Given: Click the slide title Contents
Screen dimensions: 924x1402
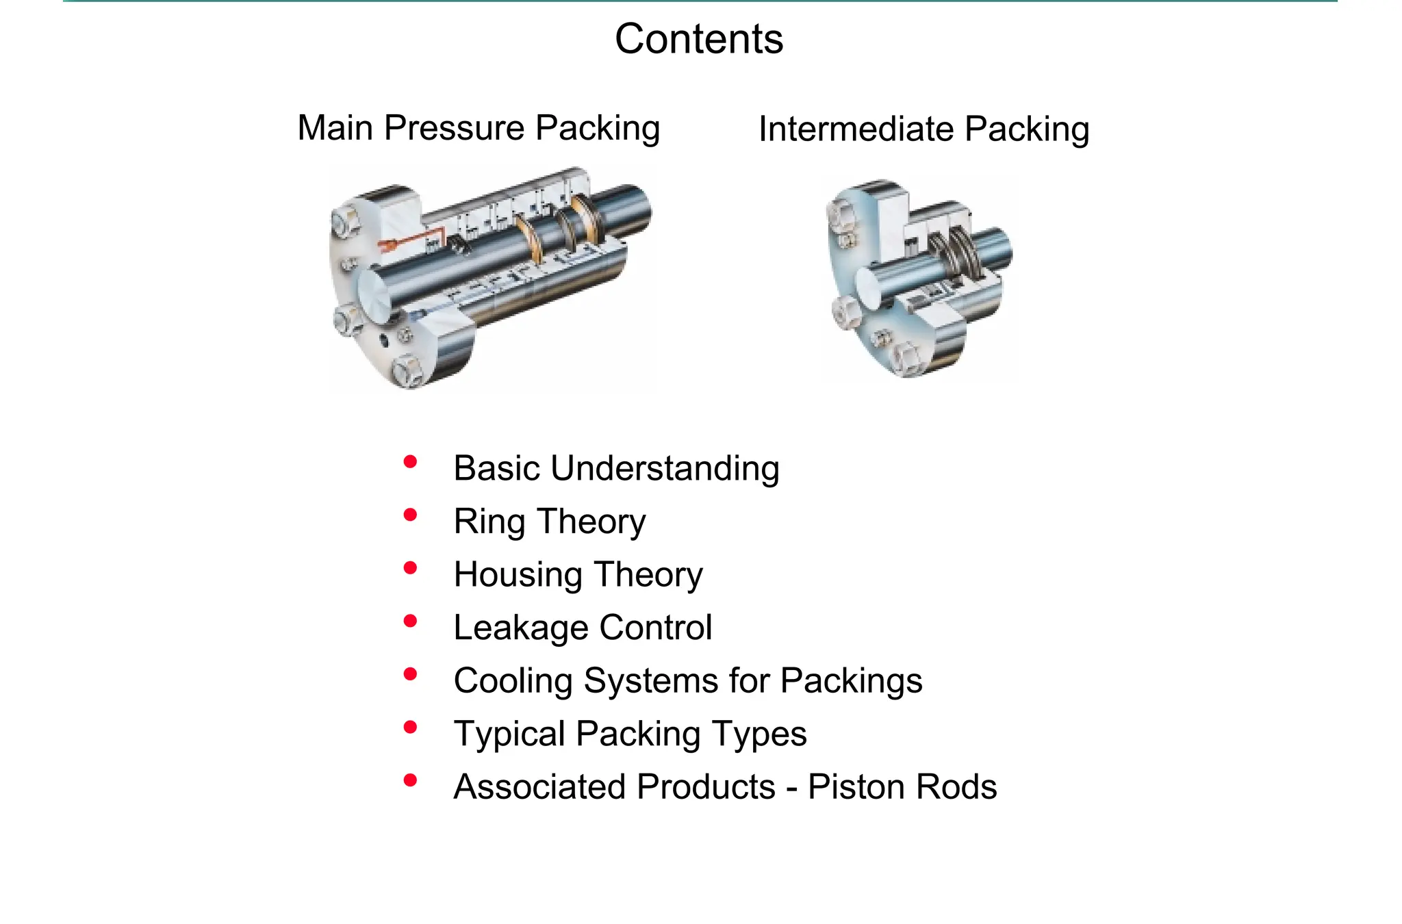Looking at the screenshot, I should click(699, 39).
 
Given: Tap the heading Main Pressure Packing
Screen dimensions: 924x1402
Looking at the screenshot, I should click(479, 128).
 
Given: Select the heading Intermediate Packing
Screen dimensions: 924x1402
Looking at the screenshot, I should click(923, 129).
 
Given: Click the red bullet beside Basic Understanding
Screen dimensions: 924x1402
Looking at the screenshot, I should click(411, 462).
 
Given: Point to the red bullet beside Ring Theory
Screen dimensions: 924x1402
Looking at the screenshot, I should click(411, 515).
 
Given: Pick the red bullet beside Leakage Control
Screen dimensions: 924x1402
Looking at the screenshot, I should click(411, 621).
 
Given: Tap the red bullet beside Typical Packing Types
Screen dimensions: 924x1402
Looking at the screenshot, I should click(411, 727).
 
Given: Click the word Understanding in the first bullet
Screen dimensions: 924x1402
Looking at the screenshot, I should click(665, 470).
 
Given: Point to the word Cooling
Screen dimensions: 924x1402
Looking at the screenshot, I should click(513, 682).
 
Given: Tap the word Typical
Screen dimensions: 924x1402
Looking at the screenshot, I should click(509, 734).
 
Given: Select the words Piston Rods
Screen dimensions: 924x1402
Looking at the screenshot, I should click(902, 787).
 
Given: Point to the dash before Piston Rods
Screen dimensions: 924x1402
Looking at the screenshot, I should click(792, 788).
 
